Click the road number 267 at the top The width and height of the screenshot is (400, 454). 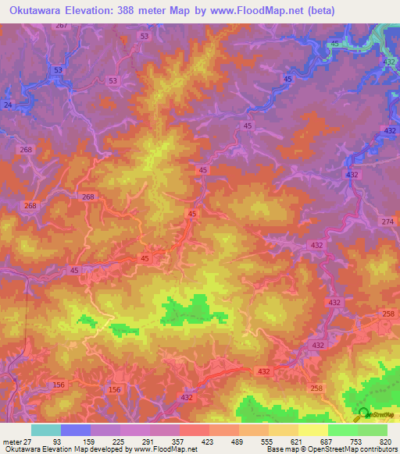62,26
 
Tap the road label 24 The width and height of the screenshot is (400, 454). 8,104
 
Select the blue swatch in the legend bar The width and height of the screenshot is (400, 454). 76,429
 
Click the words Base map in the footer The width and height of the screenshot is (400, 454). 278,449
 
